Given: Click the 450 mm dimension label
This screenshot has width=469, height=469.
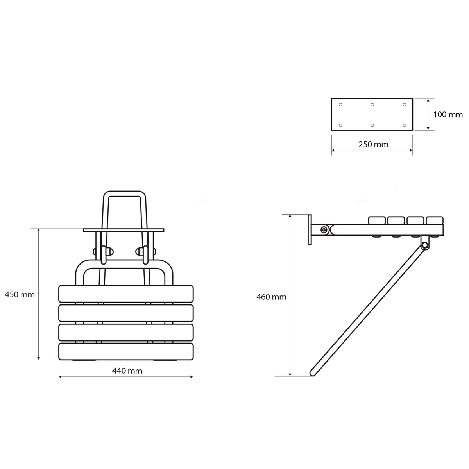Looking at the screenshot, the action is (x=20, y=295).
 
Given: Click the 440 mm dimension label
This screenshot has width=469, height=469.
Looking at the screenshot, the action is (x=127, y=371).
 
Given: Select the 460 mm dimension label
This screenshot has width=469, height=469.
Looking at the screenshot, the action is (x=271, y=297).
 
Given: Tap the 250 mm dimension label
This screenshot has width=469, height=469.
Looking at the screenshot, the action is (x=373, y=145).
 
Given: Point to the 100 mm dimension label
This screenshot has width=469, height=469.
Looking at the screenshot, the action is (x=448, y=115).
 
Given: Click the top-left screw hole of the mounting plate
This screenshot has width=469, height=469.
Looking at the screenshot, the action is (x=340, y=105).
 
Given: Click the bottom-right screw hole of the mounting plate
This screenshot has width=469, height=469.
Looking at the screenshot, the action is (x=405, y=125).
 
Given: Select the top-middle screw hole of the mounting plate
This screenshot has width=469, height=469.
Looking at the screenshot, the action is (x=372, y=105).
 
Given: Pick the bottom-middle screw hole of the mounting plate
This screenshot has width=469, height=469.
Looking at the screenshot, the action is (x=372, y=125).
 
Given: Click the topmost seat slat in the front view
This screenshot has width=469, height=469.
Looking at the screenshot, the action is (x=126, y=294).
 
